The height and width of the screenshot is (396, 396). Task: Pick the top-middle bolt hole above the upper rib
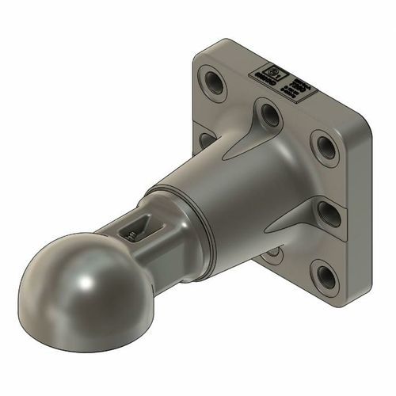[270, 116]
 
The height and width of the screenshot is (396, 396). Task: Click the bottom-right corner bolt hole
[325, 275]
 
